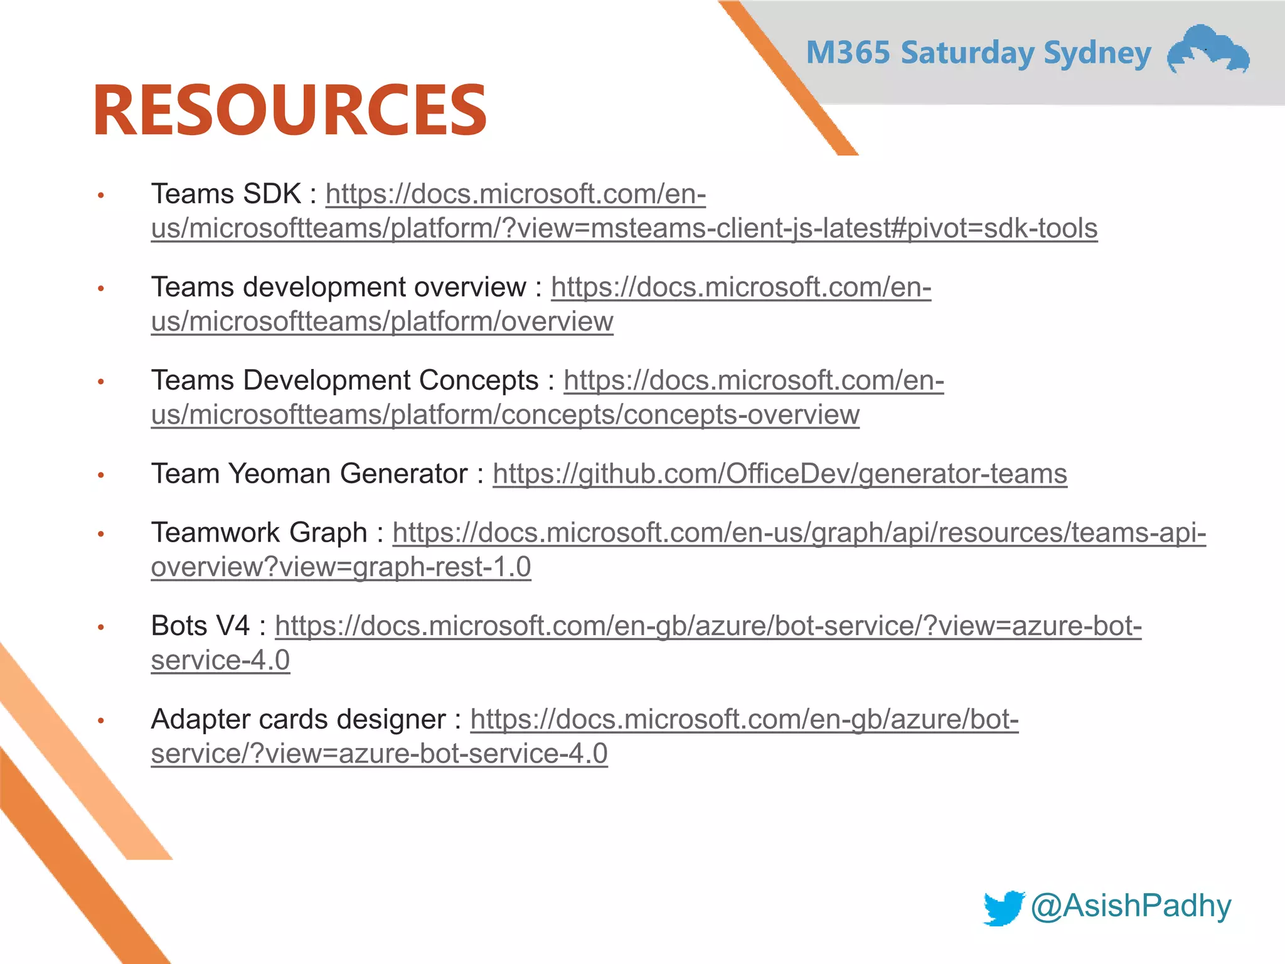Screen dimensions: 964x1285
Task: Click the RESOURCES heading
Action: pos(290,110)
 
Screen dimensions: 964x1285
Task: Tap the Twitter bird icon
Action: pos(1003,908)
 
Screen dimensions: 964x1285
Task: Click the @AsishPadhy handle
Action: pos(1131,906)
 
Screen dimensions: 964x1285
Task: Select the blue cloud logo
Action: pos(1208,50)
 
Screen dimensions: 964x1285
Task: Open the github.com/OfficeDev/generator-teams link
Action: pos(779,473)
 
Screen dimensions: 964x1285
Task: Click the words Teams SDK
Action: pos(226,194)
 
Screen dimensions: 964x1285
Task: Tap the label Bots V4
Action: pos(200,626)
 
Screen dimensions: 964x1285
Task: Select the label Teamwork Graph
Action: pos(259,532)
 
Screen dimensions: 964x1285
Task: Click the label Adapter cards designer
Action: pos(298,719)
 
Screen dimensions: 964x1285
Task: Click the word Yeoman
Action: pos(279,473)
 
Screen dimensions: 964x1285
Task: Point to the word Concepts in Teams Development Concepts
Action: pos(478,380)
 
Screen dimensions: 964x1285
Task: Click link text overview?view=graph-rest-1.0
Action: pos(341,567)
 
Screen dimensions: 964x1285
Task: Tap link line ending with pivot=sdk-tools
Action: pos(624,228)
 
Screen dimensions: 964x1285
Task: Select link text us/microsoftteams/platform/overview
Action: pos(381,321)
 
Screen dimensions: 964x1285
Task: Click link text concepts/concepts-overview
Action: pos(680,414)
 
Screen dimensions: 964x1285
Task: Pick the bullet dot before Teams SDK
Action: pos(100,196)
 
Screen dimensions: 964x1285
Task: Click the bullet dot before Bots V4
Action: pos(100,628)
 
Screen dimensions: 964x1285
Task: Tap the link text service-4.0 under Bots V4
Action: pos(220,660)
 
